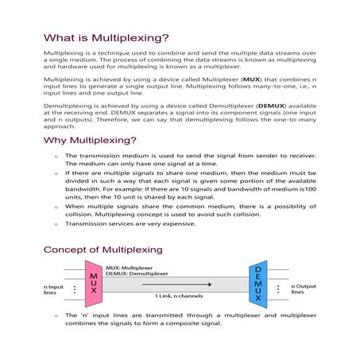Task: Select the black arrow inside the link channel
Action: pos(182,284)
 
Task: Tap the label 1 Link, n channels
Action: pos(180,296)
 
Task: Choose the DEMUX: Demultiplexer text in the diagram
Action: pos(141,274)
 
